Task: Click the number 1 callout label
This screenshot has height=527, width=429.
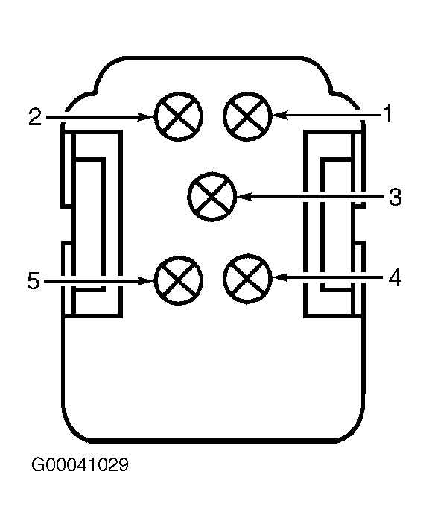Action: coord(388,114)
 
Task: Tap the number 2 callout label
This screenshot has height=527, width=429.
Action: coord(35,117)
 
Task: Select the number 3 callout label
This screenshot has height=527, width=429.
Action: coord(395,197)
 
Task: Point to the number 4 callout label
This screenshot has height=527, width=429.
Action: coord(395,278)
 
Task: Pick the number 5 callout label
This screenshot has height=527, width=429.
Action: coord(34,280)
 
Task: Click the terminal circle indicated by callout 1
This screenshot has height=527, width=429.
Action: coord(247,116)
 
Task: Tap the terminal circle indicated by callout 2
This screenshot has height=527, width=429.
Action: coord(179,116)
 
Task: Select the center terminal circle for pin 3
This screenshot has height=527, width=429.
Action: coord(212,197)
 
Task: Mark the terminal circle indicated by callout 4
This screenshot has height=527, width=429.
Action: coord(247,278)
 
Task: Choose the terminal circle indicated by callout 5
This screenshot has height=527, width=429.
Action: coord(179,280)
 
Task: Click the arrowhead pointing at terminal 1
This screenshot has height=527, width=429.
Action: coord(279,116)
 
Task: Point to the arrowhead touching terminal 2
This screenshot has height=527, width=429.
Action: coord(146,117)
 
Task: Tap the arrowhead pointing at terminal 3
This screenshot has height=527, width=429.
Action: coord(244,197)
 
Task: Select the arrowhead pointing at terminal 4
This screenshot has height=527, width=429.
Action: coord(279,278)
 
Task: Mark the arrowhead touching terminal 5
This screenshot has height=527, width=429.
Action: coord(146,280)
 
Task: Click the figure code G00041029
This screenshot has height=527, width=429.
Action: coord(80,465)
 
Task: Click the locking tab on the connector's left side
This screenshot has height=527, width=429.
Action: coord(92,224)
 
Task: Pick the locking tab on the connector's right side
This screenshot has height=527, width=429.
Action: coord(334,224)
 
